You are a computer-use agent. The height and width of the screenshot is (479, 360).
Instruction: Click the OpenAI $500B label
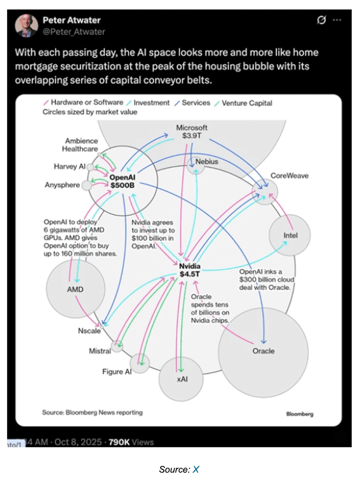[122, 181]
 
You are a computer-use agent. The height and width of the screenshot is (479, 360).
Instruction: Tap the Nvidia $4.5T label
[190, 270]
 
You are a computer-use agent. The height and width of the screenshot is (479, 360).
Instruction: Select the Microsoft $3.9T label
[192, 131]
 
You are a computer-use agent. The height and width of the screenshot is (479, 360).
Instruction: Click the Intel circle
[290, 235]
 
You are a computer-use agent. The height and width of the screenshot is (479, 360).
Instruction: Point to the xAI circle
[181, 379]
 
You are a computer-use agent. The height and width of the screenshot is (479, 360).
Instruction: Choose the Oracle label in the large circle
[263, 351]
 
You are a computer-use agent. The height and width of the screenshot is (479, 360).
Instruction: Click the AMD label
[75, 289]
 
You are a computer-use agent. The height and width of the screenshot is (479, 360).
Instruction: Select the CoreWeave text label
[290, 176]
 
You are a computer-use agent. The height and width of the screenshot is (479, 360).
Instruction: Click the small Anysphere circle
[87, 185]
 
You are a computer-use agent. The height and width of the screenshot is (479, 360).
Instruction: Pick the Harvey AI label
[70, 166]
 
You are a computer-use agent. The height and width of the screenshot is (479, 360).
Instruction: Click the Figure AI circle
[140, 364]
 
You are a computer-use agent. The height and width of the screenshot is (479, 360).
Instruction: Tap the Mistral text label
[100, 351]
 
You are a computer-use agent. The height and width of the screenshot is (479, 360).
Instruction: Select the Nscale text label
[90, 331]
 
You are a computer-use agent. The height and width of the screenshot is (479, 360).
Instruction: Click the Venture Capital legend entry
[244, 103]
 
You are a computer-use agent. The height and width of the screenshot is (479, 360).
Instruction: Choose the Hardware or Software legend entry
[84, 102]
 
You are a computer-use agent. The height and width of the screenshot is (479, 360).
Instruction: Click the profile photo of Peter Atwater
[27, 26]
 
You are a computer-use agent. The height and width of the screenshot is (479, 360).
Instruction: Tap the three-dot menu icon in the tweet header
[337, 20]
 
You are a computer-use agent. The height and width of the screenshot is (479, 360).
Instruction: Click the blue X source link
[196, 469]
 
